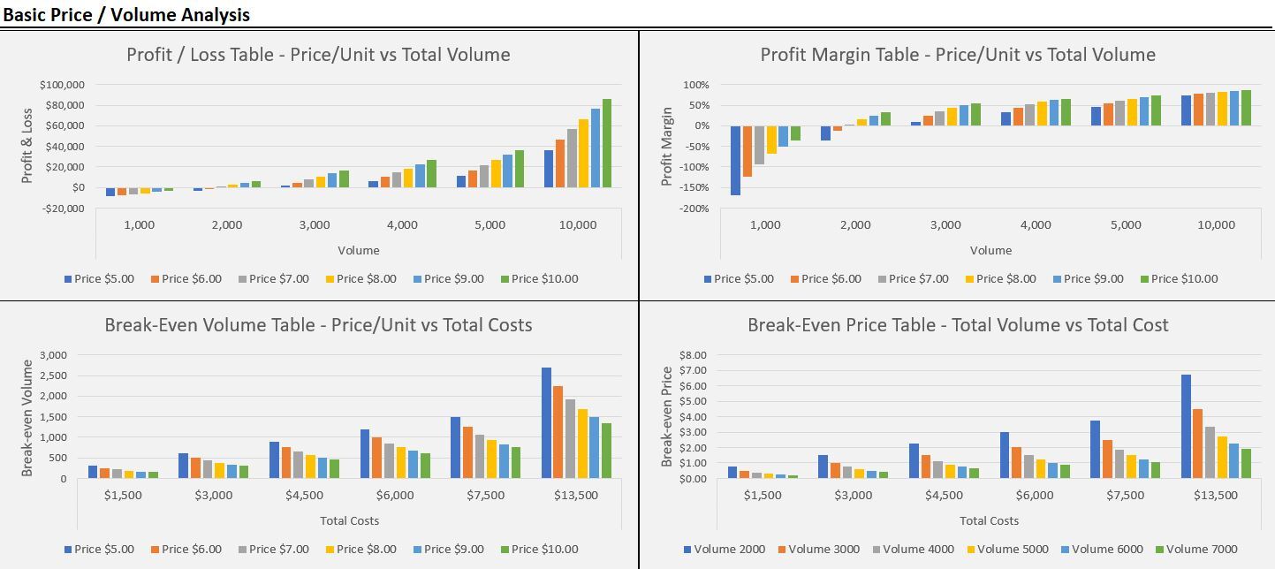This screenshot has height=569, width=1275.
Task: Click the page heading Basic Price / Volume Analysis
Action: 126,14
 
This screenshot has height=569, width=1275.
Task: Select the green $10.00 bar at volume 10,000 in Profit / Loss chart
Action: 607,143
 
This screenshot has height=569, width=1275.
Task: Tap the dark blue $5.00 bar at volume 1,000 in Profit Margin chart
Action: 735,161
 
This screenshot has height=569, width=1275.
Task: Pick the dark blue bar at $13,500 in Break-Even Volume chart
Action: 546,422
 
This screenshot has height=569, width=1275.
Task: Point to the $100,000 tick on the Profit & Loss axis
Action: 62,85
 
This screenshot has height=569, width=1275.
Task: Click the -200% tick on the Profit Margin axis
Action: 694,209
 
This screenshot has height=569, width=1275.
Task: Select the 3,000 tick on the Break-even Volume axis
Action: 54,355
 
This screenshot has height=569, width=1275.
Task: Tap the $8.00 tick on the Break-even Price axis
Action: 693,355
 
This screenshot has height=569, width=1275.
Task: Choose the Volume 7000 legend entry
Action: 1196,549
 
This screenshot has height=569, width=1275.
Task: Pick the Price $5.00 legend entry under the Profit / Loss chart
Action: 99,279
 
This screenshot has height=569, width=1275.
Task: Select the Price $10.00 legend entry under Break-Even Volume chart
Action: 540,549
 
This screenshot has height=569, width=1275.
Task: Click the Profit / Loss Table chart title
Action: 318,55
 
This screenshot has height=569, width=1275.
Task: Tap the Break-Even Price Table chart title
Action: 958,325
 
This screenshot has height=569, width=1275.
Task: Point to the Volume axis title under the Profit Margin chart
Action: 991,250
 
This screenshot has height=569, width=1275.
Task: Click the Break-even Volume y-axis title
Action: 27,418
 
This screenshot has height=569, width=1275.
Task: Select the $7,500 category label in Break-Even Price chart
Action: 1126,495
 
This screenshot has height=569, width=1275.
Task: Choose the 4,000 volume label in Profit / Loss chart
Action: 402,224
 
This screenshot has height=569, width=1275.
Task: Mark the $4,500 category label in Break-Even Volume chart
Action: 305,495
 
